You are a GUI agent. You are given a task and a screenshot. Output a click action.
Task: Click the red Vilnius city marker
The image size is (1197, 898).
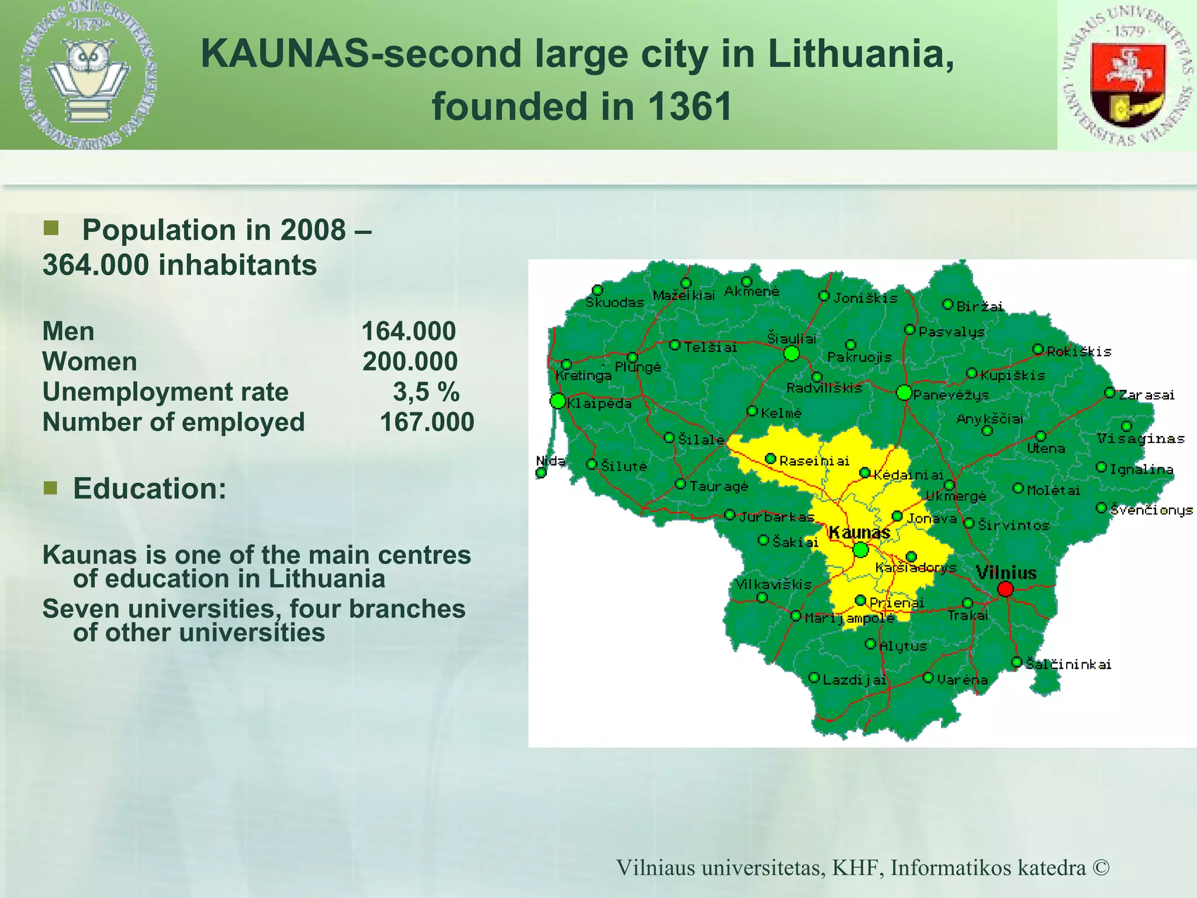(x=1005, y=589)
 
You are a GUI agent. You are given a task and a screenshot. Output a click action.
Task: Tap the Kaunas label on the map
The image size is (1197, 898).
(x=859, y=533)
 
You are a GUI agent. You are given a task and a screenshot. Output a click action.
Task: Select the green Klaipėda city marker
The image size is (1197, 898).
(x=558, y=401)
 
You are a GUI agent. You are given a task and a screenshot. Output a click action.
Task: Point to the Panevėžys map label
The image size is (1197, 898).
(x=951, y=395)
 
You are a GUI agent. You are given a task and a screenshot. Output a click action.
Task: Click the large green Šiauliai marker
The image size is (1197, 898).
(x=791, y=353)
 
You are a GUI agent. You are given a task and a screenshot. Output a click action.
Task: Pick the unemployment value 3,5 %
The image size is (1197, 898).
(x=426, y=392)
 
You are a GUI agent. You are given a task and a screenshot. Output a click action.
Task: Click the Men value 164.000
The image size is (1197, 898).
(x=409, y=331)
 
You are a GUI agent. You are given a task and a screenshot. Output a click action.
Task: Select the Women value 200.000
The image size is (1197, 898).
(x=410, y=361)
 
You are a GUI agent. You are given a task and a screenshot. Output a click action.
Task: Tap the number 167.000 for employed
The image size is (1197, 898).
(x=427, y=422)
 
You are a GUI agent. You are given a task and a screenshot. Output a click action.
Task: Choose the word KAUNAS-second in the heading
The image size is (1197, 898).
(x=361, y=54)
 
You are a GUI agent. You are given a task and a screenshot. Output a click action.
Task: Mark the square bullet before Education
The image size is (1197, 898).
(x=51, y=488)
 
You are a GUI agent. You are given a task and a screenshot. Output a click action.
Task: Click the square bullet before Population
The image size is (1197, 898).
(x=51, y=228)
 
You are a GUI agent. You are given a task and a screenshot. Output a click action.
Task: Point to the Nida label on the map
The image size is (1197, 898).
(x=550, y=461)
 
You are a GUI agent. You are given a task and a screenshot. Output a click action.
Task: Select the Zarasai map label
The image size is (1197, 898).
(x=1146, y=395)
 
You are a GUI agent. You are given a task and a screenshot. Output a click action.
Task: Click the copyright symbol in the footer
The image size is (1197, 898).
(x=1101, y=868)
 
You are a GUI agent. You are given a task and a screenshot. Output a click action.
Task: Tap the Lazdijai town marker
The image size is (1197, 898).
(x=814, y=678)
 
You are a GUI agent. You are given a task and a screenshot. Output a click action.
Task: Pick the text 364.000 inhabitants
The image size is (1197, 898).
(x=179, y=265)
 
